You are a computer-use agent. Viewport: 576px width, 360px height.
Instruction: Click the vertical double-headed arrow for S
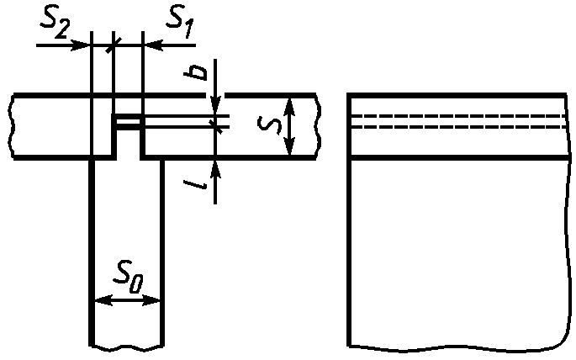pos(288,126)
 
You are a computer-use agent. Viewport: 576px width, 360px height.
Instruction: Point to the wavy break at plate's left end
pos(14,126)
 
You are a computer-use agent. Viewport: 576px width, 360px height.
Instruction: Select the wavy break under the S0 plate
pos(126,345)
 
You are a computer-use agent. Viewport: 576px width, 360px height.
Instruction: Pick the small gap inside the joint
pos(129,123)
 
